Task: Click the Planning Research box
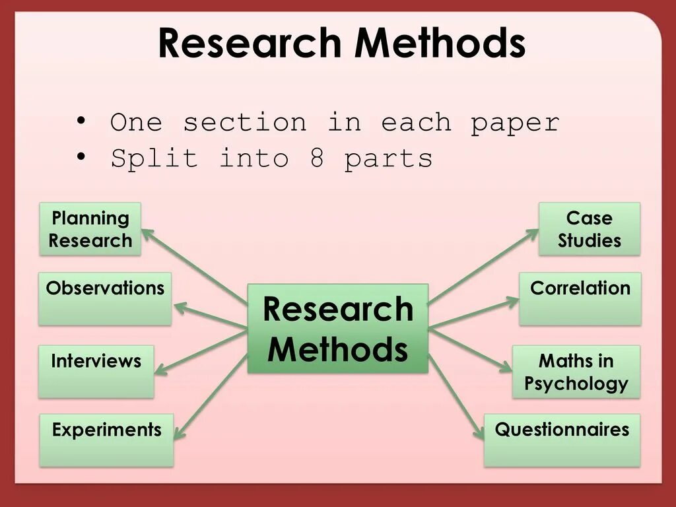[90, 229]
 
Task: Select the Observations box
[104, 298]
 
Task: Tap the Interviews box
[96, 371]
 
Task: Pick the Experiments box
[106, 440]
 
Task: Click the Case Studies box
[590, 229]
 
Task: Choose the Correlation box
[580, 298]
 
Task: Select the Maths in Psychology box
[576, 371]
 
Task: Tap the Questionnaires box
[562, 440]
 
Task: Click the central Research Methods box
[338, 329]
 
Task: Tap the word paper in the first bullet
[515, 123]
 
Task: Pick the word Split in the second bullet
[154, 158]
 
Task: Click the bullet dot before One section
[81, 121]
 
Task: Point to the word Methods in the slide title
[440, 44]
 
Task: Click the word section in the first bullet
[244, 123]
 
